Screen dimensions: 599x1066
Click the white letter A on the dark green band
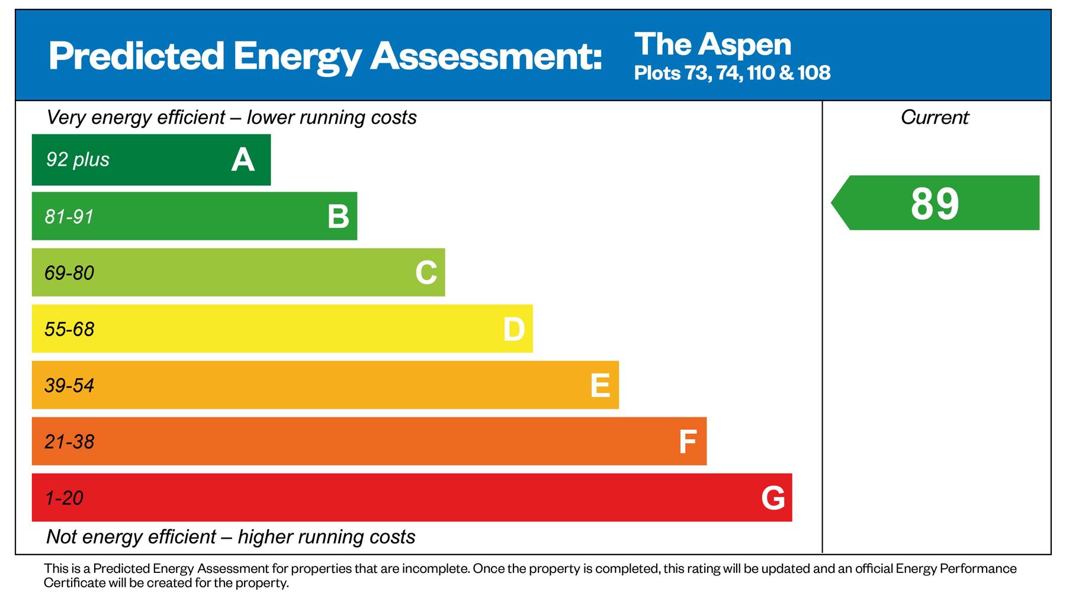tap(243, 160)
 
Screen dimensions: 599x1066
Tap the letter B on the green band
tap(338, 217)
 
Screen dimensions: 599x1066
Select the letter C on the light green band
tap(426, 273)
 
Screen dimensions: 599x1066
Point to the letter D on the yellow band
tap(513, 329)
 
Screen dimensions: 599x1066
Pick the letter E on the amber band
tap(600, 385)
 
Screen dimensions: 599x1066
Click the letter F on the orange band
tap(687, 442)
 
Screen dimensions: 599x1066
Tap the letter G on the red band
tap(773, 498)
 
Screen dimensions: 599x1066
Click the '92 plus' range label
tap(78, 160)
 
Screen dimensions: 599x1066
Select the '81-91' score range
tap(69, 217)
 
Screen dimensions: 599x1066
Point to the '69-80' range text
tap(69, 273)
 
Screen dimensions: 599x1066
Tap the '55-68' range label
tap(69, 329)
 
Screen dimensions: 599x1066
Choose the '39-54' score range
tap(69, 385)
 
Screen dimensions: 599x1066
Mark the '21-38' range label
tap(69, 442)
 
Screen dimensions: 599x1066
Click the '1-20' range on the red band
tap(64, 498)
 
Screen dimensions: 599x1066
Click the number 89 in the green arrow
tap(935, 204)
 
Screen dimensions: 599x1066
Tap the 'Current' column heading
tap(935, 117)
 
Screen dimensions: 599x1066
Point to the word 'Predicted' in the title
tap(136, 56)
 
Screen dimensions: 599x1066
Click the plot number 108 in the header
tap(814, 73)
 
